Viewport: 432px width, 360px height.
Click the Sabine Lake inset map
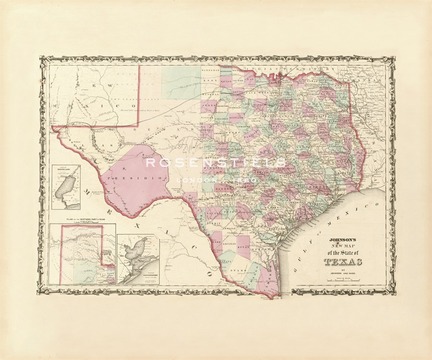[66, 188]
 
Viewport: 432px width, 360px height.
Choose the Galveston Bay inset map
[138, 259]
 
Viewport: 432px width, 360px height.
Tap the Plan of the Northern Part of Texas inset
[83, 254]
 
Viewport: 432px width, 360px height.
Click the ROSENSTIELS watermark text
[216, 163]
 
